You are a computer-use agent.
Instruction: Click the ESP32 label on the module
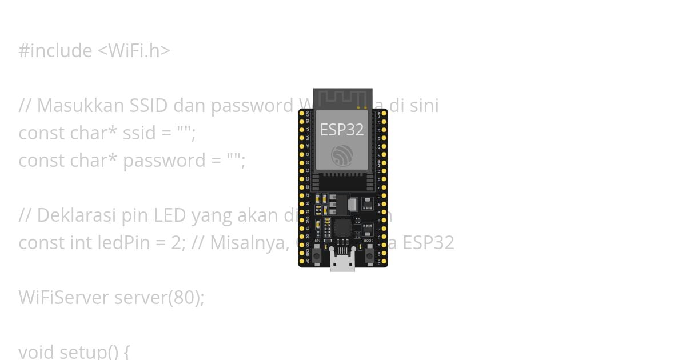(341, 130)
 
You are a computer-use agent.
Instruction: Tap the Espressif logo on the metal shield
(342, 155)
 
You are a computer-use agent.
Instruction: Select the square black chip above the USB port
(342, 228)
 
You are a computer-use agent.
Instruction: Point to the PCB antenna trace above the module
(342, 98)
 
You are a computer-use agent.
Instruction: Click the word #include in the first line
(55, 51)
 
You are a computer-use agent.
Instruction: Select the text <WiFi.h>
(134, 51)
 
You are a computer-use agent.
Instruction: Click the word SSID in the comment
(149, 106)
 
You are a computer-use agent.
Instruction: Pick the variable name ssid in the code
(139, 133)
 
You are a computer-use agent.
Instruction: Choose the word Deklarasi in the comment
(76, 215)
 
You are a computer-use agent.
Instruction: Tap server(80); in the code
(159, 297)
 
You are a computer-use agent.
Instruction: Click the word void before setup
(37, 351)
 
